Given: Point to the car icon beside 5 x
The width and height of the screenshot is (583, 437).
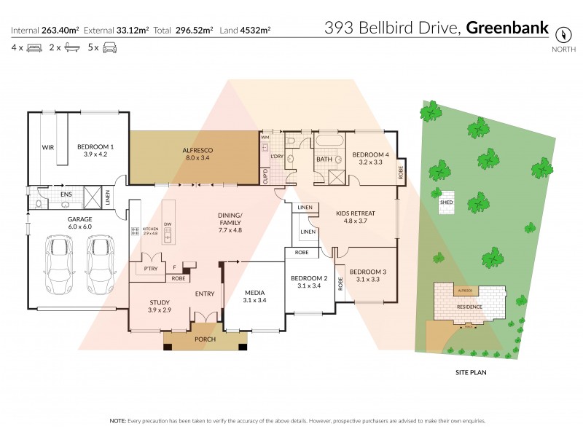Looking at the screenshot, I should [x=109, y=48].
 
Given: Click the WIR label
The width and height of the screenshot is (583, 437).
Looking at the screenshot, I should [x=47, y=147].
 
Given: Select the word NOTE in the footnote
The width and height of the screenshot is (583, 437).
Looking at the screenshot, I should [x=117, y=421].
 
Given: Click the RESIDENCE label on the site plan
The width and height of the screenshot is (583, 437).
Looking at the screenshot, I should [x=469, y=307].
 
